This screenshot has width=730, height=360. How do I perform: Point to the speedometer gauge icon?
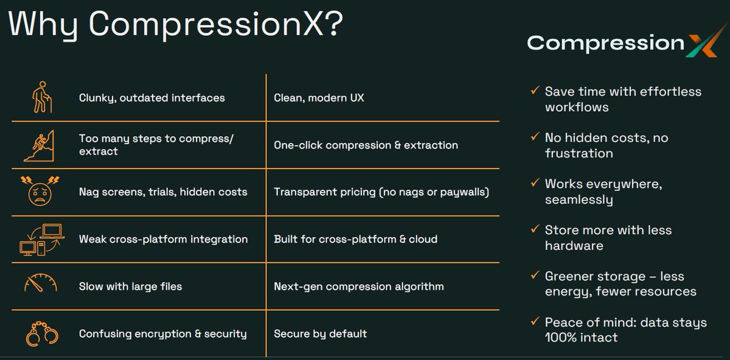pyautogui.click(x=40, y=285)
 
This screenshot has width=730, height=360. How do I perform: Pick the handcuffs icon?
pyautogui.click(x=41, y=333)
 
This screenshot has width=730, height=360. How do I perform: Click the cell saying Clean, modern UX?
pyautogui.click(x=319, y=97)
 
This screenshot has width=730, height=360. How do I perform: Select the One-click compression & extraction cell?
pyautogui.click(x=366, y=145)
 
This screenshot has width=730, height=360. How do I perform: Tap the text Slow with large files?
pyautogui.click(x=130, y=286)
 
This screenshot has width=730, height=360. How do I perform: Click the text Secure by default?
pyautogui.click(x=320, y=333)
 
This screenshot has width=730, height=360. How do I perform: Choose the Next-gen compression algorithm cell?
pyautogui.click(x=358, y=286)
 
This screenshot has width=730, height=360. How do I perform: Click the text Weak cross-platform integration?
pyautogui.click(x=163, y=239)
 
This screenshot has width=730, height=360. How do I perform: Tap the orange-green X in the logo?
pyautogui.click(x=701, y=44)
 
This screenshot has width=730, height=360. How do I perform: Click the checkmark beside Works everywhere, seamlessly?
pyautogui.click(x=534, y=183)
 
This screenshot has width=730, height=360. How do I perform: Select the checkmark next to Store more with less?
pyautogui.click(x=534, y=229)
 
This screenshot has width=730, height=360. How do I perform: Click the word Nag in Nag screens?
pyautogui.click(x=90, y=192)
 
